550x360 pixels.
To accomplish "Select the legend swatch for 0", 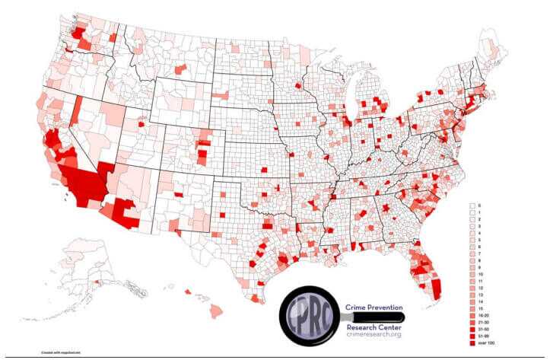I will [472, 205].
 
